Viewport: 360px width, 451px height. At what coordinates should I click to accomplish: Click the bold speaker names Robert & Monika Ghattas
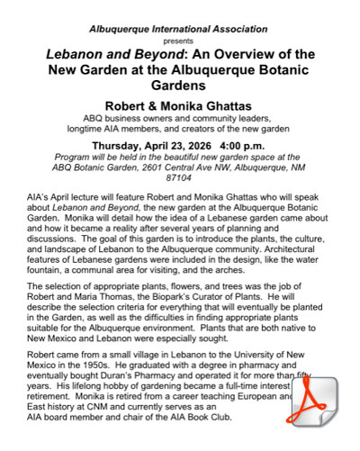[180, 104]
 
